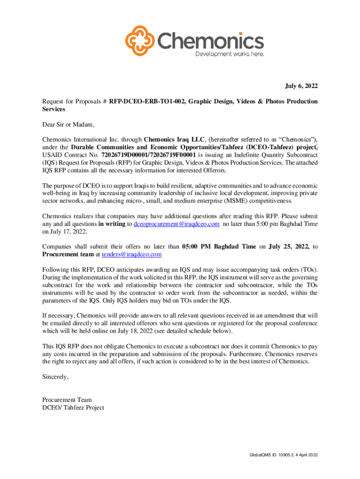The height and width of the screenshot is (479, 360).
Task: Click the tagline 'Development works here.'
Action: click(229, 54)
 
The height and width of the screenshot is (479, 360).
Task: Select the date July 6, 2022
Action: click(302, 86)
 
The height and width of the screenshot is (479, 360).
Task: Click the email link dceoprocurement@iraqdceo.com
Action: click(176, 224)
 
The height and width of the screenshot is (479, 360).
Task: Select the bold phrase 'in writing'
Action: click(112, 224)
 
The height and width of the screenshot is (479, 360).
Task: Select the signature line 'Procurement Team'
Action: click(67, 400)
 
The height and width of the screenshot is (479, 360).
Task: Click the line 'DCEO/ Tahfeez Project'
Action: click(73, 407)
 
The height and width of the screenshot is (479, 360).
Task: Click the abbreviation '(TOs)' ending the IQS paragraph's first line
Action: click(310, 270)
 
